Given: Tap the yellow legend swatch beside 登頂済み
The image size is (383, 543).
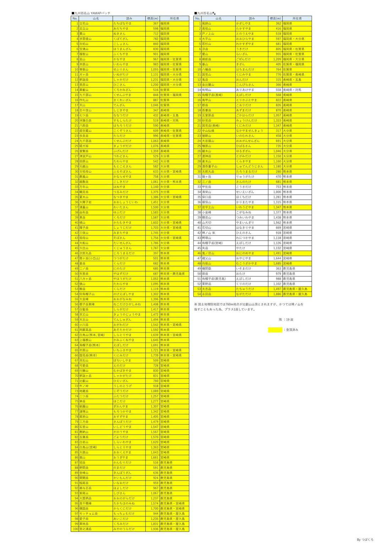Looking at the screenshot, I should (275, 330).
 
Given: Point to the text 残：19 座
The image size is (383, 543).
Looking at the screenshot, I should (286, 319).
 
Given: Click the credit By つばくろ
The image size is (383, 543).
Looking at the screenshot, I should (365, 539).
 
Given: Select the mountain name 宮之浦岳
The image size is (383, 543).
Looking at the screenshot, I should (86, 529).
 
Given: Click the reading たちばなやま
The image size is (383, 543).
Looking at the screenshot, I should (122, 23).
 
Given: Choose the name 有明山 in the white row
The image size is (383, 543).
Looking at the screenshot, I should (207, 90).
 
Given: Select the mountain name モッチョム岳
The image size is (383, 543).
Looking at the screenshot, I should (88, 514).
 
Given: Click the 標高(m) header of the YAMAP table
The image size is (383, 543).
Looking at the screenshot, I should (153, 18).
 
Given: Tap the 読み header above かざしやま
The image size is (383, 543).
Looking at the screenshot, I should (252, 18).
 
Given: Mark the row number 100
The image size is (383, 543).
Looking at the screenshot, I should (75, 529).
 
